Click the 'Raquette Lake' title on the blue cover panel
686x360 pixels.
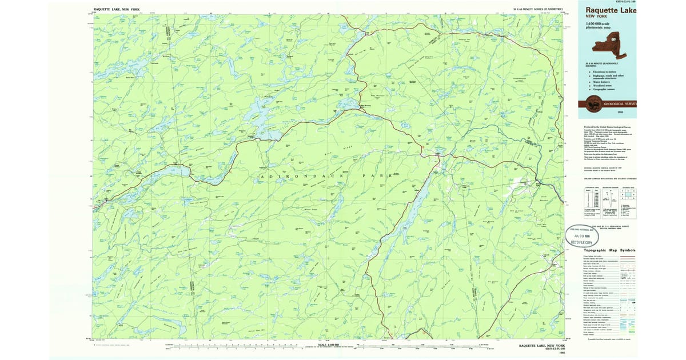pos(610,10)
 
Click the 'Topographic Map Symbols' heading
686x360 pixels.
pos(609,250)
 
